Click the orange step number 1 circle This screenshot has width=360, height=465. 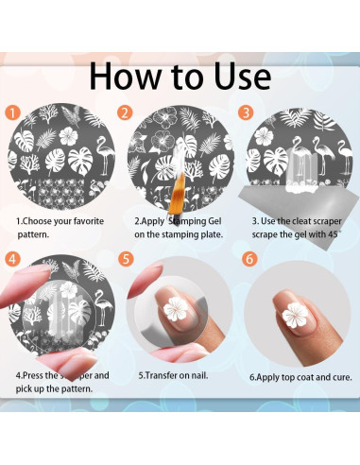12,112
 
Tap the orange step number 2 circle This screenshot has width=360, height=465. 125,112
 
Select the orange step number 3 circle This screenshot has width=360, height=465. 246,112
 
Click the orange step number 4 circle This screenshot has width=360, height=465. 12,259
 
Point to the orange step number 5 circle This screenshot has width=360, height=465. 126,259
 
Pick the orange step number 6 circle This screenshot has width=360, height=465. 249,259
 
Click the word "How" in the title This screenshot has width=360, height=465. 125,77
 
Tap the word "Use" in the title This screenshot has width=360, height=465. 243,77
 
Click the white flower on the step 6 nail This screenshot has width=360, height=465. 295,315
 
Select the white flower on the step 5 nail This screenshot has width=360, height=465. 176,309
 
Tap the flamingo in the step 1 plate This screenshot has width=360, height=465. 105,154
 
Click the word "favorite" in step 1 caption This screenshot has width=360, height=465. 89,221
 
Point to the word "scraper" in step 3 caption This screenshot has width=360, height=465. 326,221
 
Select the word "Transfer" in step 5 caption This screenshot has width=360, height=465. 162,375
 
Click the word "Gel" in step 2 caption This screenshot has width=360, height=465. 214,221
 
